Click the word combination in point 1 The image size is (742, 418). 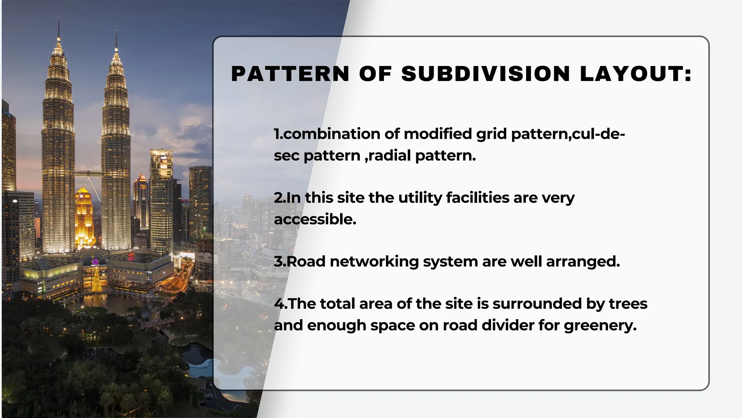pyautogui.click(x=332, y=134)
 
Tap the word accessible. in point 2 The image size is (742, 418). pyautogui.click(x=315, y=219)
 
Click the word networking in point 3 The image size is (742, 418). pyautogui.click(x=374, y=261)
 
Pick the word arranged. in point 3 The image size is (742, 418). pyautogui.click(x=583, y=261)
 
